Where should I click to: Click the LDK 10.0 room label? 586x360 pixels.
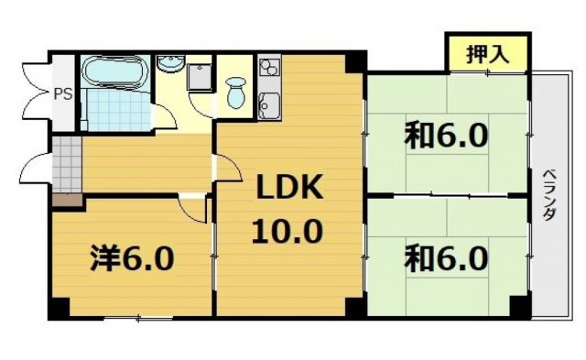[x=288, y=209]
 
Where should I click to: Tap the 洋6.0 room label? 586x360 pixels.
[x=132, y=259]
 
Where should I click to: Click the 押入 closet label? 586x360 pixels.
[x=488, y=52]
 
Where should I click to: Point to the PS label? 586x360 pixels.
[x=62, y=93]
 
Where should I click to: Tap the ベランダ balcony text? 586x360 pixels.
[x=550, y=194]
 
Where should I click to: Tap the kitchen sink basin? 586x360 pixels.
[x=269, y=107]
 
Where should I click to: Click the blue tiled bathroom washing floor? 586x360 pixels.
[x=114, y=109]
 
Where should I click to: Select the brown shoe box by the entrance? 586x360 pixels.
[x=64, y=200]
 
